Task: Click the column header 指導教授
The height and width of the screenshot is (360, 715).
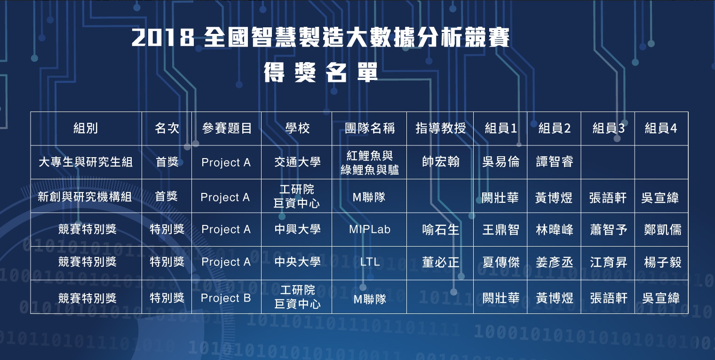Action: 440,128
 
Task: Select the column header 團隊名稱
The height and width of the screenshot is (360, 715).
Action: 370,128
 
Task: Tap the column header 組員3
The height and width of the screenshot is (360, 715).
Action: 608,128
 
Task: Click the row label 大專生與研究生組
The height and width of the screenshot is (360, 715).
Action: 86,162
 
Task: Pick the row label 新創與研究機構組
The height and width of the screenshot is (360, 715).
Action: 85,197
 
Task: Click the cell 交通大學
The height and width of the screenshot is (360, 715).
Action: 297,162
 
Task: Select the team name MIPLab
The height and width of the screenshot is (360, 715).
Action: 370,229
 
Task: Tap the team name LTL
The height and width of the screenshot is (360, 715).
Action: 370,262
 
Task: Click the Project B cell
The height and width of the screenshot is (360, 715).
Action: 226,298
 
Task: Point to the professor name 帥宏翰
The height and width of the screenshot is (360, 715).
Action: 440,161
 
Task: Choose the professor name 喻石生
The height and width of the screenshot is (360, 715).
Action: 440,229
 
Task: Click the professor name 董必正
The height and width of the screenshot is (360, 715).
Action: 440,262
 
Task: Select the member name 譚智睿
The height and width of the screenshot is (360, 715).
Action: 555,161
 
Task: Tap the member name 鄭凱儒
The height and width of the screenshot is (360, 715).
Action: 663,229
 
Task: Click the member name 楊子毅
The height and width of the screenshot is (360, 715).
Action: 663,262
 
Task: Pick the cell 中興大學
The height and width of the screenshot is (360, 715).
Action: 297,229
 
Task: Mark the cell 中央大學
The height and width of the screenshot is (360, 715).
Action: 297,262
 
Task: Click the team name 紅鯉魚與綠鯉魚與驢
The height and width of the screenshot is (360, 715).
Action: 370,163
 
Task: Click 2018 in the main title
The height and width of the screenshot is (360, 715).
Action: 163,38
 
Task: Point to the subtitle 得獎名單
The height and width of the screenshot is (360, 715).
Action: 321,72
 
